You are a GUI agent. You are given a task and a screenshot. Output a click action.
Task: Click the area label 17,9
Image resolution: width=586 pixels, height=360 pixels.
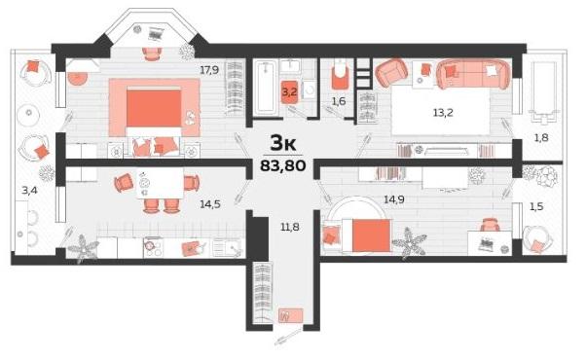pyautogui.click(x=209, y=70)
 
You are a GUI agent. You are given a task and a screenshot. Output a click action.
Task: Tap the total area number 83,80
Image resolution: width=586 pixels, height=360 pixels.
pyautogui.click(x=283, y=164)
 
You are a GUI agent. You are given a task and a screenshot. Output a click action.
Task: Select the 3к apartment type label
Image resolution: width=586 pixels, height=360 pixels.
pyautogui.click(x=283, y=143)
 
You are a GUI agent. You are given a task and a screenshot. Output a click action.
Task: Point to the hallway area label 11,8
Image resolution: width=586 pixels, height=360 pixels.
pyautogui.click(x=290, y=227)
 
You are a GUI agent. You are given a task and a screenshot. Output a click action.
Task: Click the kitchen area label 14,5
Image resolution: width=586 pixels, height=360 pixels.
pyautogui.click(x=210, y=204)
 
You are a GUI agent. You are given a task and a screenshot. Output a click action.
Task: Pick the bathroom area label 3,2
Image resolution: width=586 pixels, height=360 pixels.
pyautogui.click(x=289, y=91)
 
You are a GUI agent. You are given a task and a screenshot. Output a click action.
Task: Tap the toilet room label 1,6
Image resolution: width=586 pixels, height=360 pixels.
pyautogui.click(x=339, y=101)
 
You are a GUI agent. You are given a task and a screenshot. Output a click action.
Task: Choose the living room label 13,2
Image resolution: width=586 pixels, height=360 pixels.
pyautogui.click(x=443, y=113)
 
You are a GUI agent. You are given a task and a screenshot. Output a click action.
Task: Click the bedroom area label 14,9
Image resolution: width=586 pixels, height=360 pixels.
pyautogui.click(x=394, y=199)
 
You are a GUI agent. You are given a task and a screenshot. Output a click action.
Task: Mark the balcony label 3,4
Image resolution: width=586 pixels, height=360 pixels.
pyautogui.click(x=29, y=191)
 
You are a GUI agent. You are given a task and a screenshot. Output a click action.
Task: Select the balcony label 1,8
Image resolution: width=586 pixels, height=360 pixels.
pyautogui.click(x=541, y=138)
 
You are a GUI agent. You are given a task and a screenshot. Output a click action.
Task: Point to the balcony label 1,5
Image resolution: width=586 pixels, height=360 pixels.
pyautogui.click(x=536, y=206)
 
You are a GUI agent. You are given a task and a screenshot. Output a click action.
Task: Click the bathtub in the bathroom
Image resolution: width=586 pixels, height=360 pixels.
pyautogui.click(x=266, y=89)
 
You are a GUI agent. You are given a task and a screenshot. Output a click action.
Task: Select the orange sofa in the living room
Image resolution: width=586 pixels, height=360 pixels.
pyautogui.click(x=473, y=74)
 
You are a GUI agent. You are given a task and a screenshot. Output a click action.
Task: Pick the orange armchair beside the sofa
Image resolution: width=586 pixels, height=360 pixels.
pyautogui.click(x=391, y=72)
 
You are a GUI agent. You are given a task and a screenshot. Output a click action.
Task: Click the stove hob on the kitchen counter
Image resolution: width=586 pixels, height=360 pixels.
pyautogui.click(x=153, y=247)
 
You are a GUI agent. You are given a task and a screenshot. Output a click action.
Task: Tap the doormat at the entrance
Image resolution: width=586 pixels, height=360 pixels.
pyautogui.click(x=291, y=315)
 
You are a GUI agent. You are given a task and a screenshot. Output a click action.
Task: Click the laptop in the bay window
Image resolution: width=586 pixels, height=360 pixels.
pyautogui.click(x=156, y=34)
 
